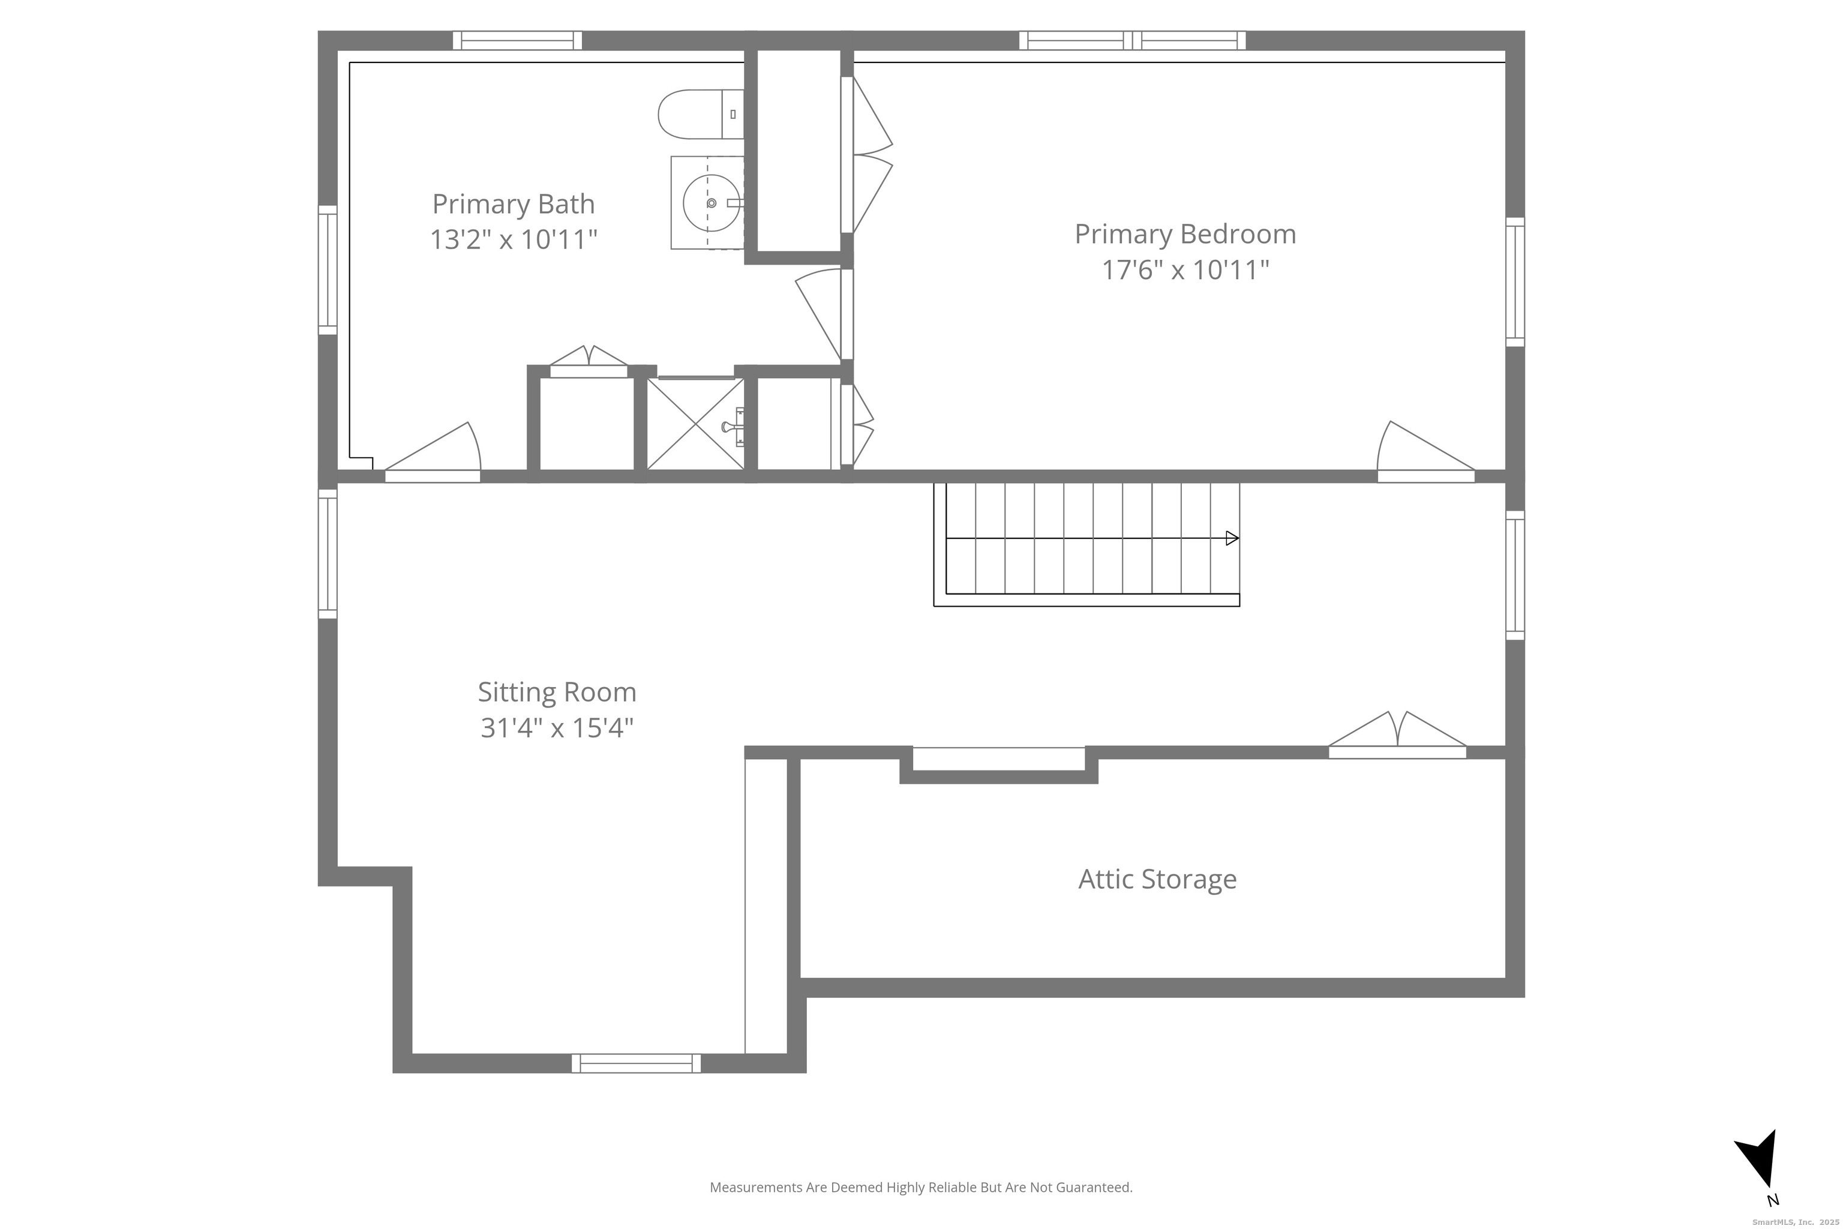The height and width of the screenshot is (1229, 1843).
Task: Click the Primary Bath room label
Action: point(514,205)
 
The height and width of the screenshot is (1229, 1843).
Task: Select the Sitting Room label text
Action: point(557,692)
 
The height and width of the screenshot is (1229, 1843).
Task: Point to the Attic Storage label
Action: point(1157,879)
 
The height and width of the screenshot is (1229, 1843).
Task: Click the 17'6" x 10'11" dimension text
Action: point(1185,269)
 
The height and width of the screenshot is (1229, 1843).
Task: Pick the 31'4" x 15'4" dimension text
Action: point(557,727)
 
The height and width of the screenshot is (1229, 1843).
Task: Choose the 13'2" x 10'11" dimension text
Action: point(514,239)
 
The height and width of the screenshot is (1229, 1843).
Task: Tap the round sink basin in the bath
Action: point(711,203)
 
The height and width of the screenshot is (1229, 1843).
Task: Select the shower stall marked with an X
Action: point(696,424)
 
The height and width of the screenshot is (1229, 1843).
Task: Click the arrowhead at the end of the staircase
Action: point(1232,538)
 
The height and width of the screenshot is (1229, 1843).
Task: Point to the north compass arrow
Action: point(1761,1168)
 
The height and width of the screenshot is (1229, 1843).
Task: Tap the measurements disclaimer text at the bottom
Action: point(921,1188)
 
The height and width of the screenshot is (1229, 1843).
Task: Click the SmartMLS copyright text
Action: point(1795,1222)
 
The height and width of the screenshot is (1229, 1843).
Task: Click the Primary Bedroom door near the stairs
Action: point(1425,452)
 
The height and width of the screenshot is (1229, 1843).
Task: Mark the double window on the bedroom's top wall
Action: point(1132,40)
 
